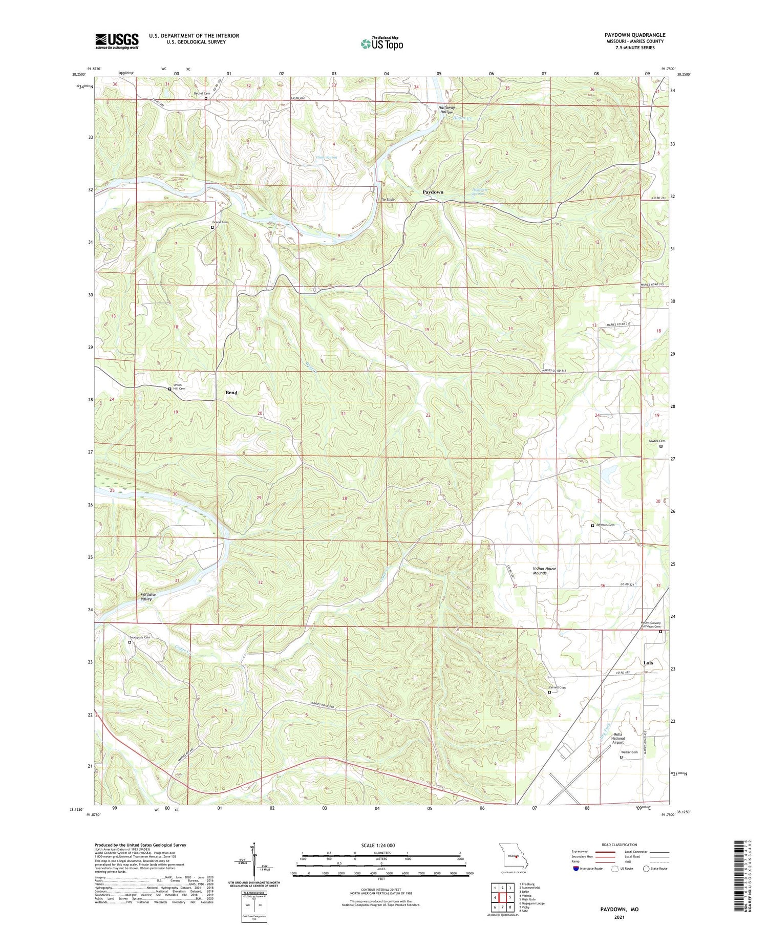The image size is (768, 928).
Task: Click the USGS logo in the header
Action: (117, 41)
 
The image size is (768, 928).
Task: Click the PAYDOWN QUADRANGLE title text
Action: (634, 35)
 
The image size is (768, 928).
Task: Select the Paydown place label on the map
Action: (433, 192)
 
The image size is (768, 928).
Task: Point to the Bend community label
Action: (231, 393)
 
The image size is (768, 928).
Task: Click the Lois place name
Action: (648, 663)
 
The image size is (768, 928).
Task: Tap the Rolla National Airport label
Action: (618, 738)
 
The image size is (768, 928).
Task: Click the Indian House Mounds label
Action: (544, 571)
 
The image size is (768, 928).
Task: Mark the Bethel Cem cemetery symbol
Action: (206, 98)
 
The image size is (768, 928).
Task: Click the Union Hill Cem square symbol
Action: (170, 389)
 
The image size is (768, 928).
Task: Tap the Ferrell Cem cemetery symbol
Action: (549, 693)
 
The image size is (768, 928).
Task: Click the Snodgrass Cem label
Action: (140, 637)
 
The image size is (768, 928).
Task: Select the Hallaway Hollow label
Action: (446, 110)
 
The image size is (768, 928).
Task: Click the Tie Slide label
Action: (387, 199)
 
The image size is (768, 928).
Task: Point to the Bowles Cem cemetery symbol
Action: (660, 446)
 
